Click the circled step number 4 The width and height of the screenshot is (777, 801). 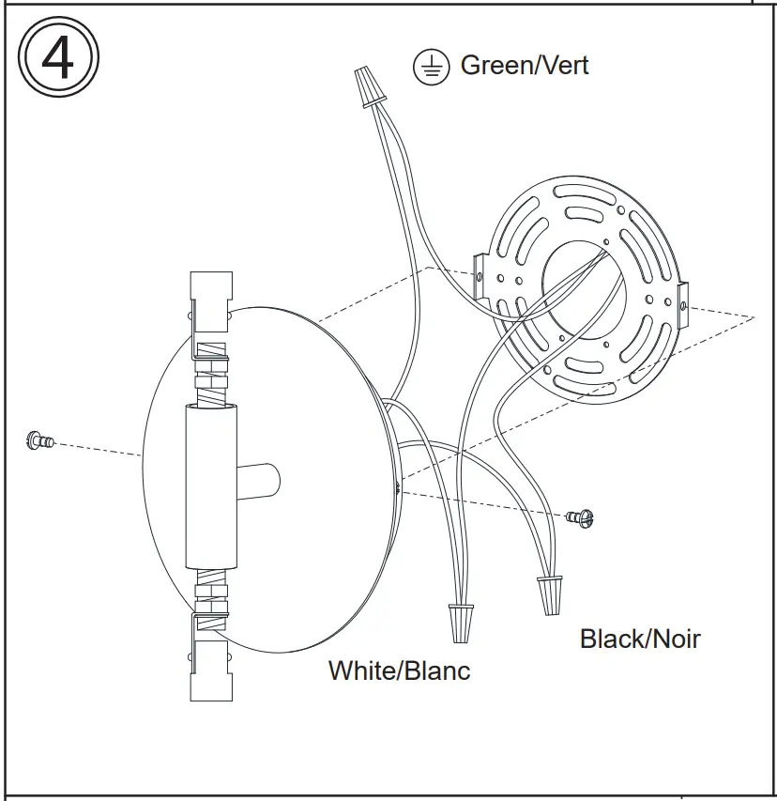click(58, 58)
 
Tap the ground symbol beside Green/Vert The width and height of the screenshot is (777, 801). click(432, 67)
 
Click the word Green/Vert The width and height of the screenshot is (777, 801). click(525, 65)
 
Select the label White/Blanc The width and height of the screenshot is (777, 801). click(399, 670)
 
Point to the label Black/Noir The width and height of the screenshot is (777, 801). click(640, 639)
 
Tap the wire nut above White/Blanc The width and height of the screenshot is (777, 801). click(459, 623)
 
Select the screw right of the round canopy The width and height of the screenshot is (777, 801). click(582, 516)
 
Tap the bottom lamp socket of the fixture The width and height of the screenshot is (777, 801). click(210, 671)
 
